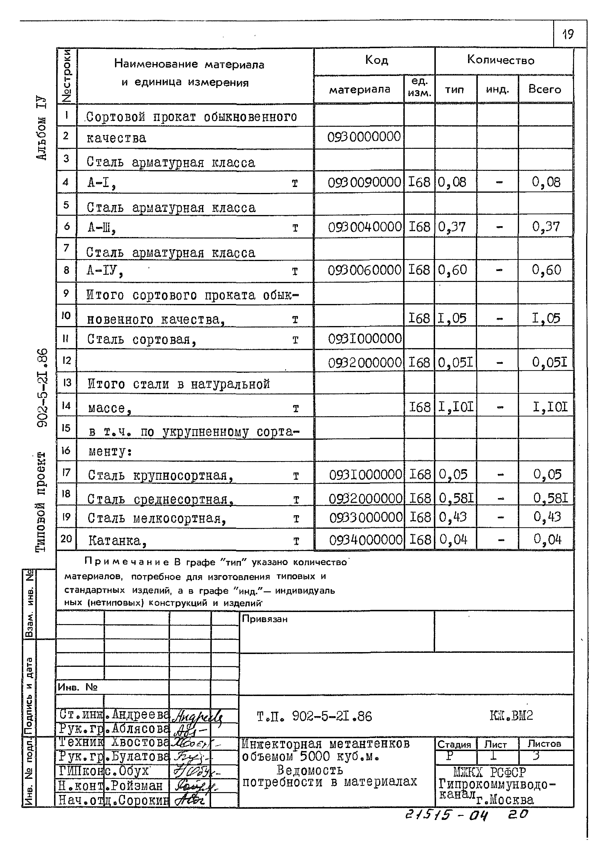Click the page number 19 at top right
coord(568,34)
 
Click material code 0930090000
coord(364,182)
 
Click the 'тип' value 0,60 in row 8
coord(452,270)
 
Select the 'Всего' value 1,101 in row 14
coord(550,407)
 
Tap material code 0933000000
coord(365,517)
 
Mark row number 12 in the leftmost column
coord(66,360)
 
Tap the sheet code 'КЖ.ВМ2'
coord(511,715)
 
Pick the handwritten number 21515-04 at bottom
coord(446,815)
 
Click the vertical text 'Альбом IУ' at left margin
coord(41,128)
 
